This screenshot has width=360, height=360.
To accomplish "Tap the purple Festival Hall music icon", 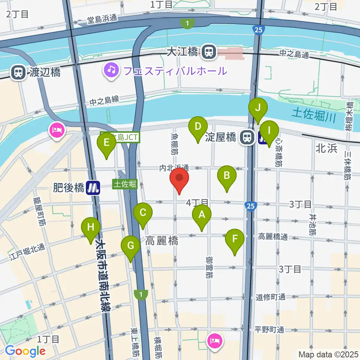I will [x=111, y=70].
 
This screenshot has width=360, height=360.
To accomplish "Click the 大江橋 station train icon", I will [x=207, y=52].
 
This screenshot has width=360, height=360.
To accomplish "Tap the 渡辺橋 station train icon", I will [x=18, y=72].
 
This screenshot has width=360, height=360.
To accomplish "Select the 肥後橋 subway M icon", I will [x=93, y=187].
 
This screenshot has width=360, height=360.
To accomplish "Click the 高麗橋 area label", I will [x=162, y=241].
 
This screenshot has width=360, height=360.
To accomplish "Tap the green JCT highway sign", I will [x=120, y=138].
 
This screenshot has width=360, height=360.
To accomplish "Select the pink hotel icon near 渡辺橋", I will [x=57, y=131].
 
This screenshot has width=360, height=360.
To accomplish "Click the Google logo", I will [x=25, y=351].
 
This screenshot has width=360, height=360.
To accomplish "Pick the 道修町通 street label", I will [x=271, y=297].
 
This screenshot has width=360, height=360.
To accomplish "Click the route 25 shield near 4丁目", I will [x=251, y=205].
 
